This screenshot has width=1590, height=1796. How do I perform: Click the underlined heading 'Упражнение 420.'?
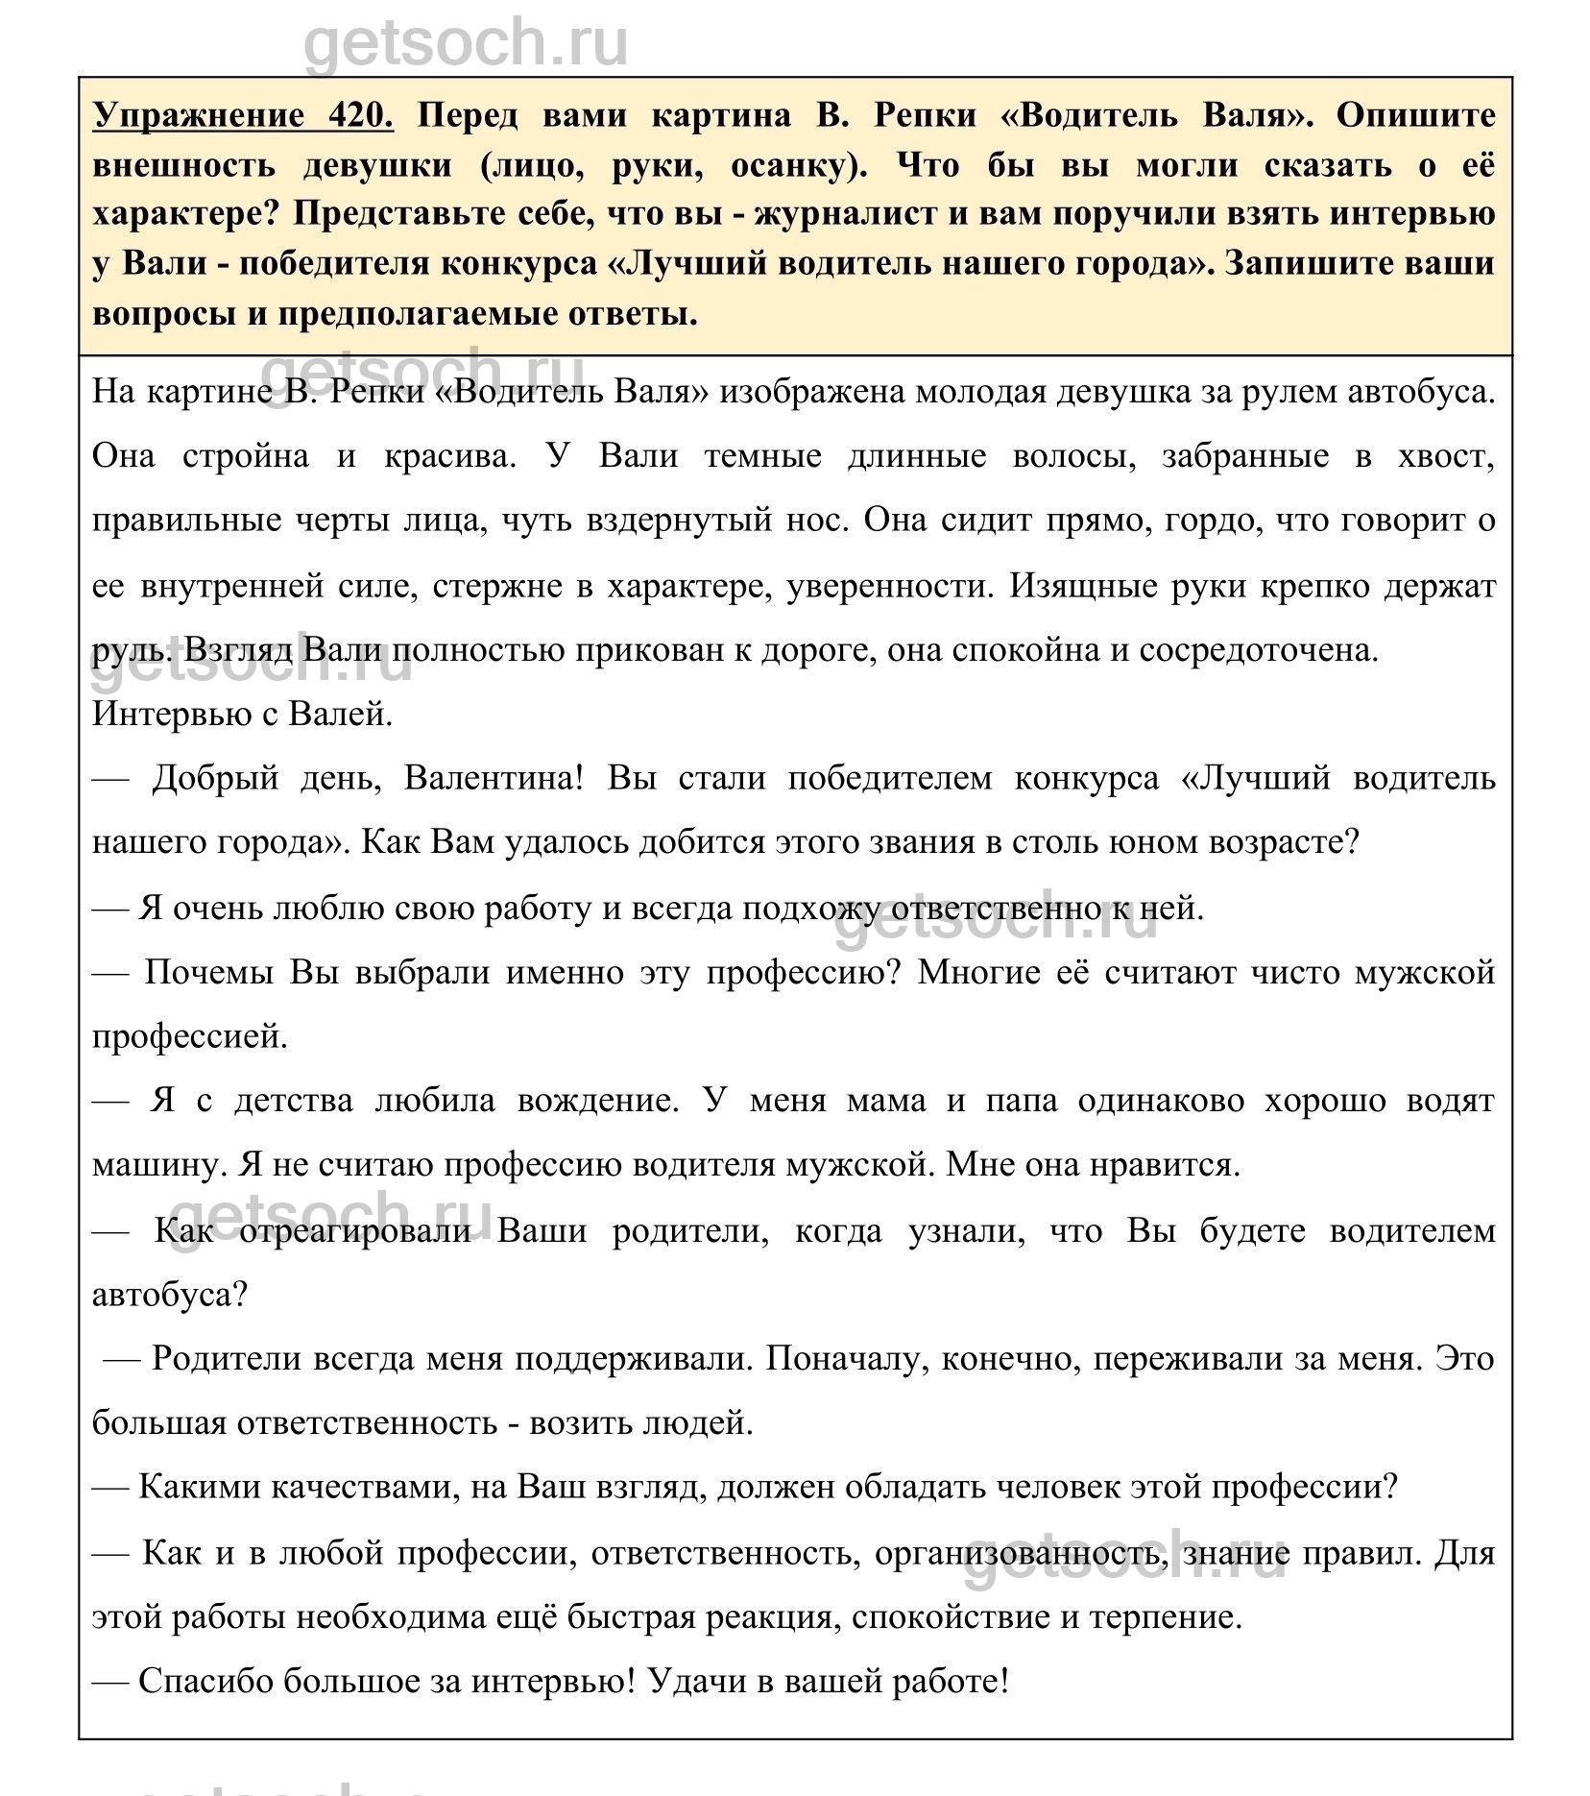(243, 115)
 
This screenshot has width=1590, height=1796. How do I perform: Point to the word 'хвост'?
(1448, 454)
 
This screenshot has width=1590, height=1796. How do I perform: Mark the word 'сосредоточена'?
(1259, 650)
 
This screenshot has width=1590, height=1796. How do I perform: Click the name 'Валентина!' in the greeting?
(494, 777)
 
